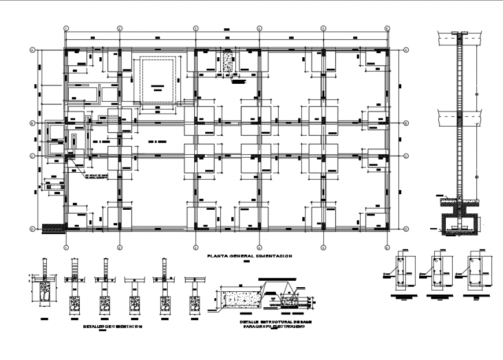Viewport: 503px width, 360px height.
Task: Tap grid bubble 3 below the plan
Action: point(195,247)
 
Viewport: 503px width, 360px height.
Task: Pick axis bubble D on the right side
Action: point(406,229)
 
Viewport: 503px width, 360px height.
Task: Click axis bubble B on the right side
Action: point(406,123)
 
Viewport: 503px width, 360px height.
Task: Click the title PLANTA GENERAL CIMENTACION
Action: point(250,255)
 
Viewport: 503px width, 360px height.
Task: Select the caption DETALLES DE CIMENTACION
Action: point(113,326)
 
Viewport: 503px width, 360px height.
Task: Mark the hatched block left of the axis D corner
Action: point(53,229)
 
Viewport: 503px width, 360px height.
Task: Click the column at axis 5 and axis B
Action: point(323,123)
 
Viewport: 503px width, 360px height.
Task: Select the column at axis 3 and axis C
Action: point(195,156)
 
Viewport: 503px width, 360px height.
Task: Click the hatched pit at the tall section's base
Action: point(460,224)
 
